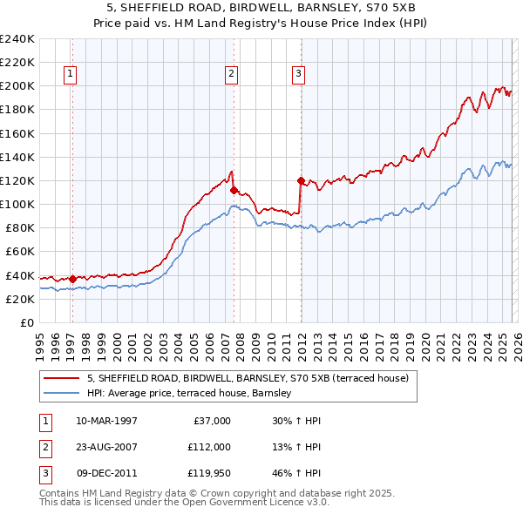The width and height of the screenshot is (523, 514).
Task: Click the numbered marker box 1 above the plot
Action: coord(70,75)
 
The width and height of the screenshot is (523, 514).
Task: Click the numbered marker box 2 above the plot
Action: coord(232,75)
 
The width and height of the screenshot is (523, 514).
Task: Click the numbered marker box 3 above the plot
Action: coord(298,75)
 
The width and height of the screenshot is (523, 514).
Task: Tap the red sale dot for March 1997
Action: coord(72,279)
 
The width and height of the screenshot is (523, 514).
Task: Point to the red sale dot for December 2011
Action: coord(301,181)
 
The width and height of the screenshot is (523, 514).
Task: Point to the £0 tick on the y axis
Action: coord(26,322)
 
